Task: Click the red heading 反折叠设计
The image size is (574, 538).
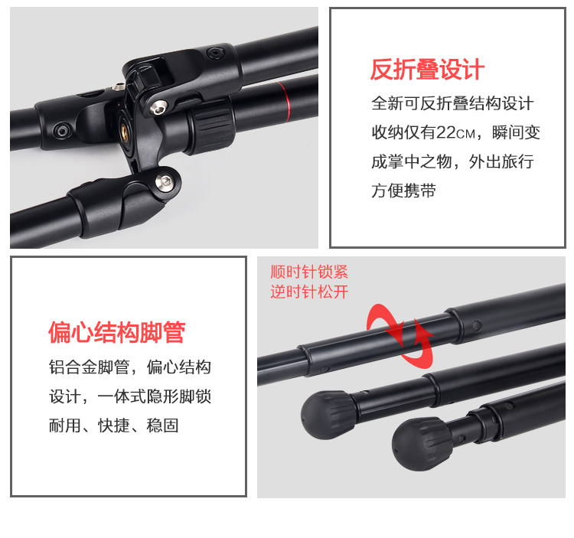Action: (x=427, y=70)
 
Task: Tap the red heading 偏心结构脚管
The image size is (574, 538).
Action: (x=117, y=332)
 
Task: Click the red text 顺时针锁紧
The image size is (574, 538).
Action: (x=309, y=272)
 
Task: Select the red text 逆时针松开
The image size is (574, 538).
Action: (x=309, y=292)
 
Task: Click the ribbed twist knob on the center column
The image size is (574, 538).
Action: (x=210, y=128)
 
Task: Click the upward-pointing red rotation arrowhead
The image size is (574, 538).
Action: (x=422, y=328)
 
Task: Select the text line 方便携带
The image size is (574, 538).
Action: (x=403, y=191)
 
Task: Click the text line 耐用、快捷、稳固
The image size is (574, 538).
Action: (x=114, y=426)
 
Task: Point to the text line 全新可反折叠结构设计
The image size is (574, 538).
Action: (x=452, y=103)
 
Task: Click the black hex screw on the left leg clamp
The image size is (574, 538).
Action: (x=60, y=131)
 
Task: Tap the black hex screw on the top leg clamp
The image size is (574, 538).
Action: (x=215, y=54)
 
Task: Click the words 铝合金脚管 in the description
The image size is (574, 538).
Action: (x=90, y=367)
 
